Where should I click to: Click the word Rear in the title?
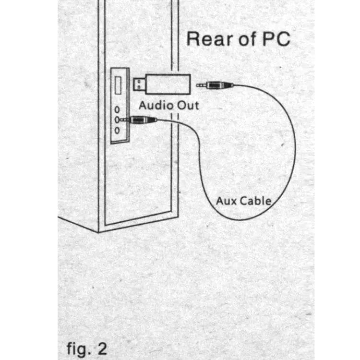point(210,39)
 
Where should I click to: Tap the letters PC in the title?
point(276,39)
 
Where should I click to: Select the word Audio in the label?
point(156,106)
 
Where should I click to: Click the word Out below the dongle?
point(188,106)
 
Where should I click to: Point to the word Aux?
point(226,201)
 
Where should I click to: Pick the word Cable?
point(255,201)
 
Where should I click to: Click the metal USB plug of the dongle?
point(139,84)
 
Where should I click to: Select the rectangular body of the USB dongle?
point(168,84)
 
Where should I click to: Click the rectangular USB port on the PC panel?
point(118,85)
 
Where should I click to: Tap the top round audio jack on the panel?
point(117,110)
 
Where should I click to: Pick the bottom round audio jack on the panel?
point(117,131)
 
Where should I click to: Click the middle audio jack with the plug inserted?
point(117,120)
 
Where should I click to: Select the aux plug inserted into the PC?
point(138,120)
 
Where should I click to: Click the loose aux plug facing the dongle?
point(215,85)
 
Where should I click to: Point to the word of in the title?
point(247,39)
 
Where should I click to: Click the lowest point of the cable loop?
point(240,220)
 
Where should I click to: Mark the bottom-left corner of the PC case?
point(98,232)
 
